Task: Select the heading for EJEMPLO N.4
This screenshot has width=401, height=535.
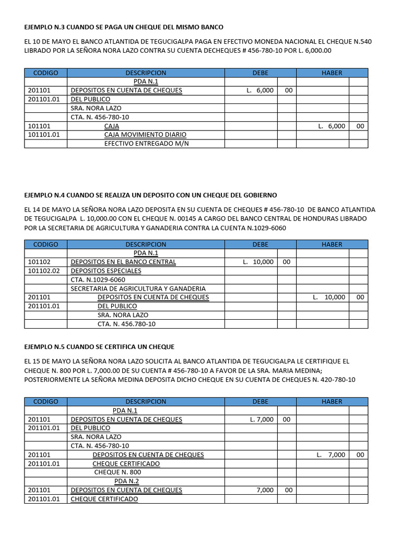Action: [x=150, y=195]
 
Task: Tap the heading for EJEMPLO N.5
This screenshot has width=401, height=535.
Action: [x=99, y=347]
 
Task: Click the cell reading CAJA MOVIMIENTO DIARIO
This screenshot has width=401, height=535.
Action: [x=145, y=135]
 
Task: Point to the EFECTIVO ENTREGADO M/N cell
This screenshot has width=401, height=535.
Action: [x=146, y=144]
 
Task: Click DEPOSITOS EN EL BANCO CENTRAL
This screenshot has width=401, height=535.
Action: [x=123, y=262]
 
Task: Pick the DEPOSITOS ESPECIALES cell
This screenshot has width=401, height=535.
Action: [x=106, y=271]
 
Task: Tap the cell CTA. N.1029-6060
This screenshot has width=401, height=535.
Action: [x=98, y=280]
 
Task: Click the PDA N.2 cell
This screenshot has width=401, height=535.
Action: [x=126, y=481]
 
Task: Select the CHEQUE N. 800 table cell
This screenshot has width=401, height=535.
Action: [x=118, y=472]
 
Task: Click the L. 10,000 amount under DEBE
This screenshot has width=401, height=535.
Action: [x=258, y=262]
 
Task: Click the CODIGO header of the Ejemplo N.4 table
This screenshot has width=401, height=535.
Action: [x=45, y=245]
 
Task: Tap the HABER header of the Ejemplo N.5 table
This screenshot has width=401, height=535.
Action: [x=332, y=402]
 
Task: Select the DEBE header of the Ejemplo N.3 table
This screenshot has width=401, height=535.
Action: [x=260, y=73]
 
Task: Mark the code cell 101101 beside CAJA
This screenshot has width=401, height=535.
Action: [x=39, y=126]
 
